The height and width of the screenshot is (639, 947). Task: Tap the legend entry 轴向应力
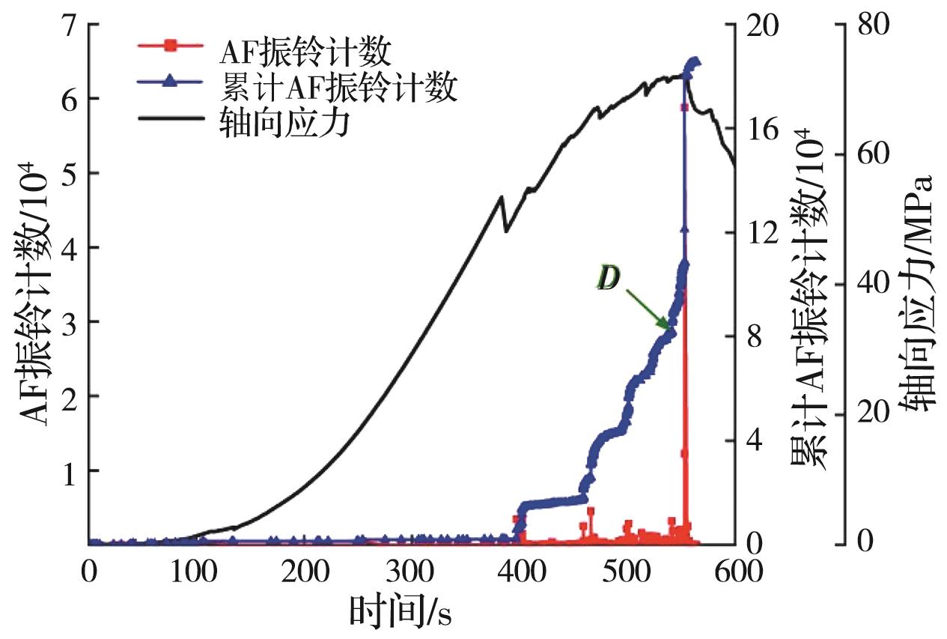[x=284, y=122]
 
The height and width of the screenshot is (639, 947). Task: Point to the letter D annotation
[x=609, y=279]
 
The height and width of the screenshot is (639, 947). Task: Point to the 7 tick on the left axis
[x=64, y=25]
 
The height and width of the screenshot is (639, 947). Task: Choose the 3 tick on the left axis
[x=64, y=322]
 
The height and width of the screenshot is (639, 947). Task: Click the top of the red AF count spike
[x=683, y=108]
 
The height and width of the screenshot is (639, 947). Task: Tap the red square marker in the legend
[x=170, y=46]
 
